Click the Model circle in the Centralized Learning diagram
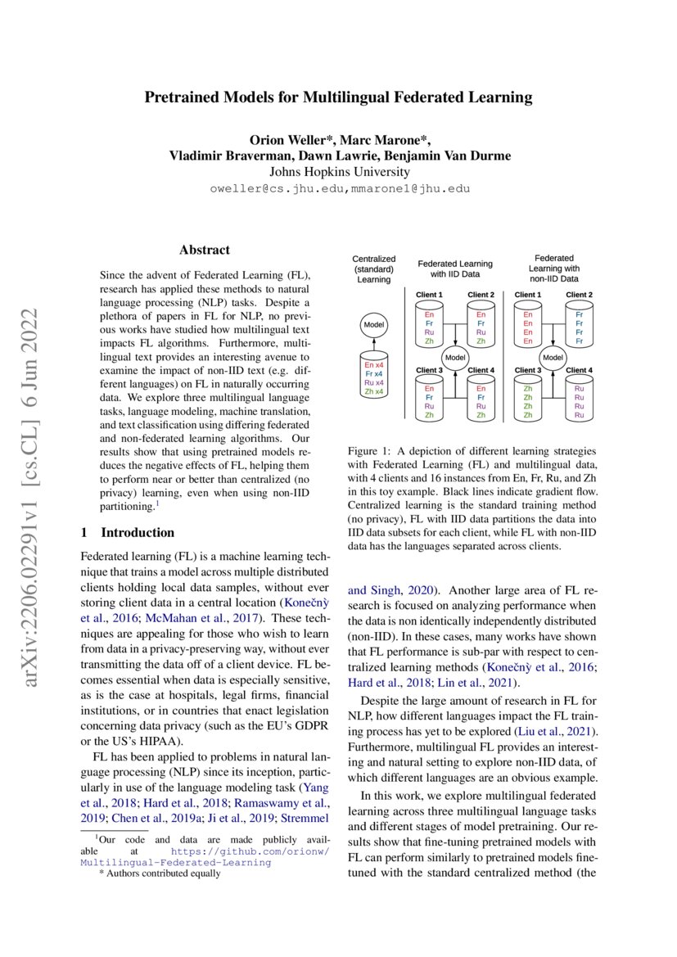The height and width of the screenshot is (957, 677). [373, 325]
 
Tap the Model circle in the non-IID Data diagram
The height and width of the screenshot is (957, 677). [553, 357]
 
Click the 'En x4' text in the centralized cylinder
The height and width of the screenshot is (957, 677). [373, 365]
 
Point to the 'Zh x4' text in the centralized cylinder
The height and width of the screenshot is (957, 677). [373, 392]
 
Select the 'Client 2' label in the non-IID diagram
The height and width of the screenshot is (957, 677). [580, 295]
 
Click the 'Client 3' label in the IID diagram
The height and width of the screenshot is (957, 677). [430, 370]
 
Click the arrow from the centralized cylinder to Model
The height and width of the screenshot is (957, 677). [373, 344]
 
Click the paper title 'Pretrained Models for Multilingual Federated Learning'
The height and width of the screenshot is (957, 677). [338, 98]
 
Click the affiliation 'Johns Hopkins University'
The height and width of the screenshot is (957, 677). [339, 172]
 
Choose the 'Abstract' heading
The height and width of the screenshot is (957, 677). [205, 250]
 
